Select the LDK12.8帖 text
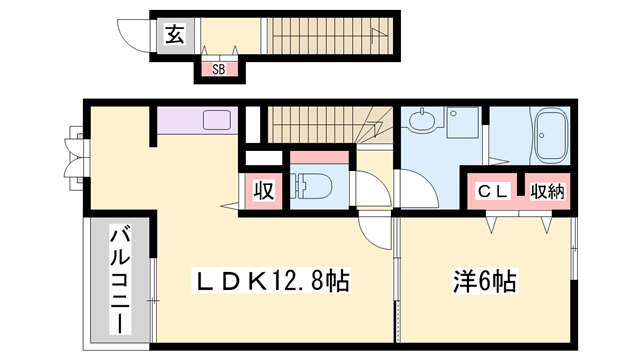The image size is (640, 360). click(269, 281)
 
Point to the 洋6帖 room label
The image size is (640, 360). click(483, 281)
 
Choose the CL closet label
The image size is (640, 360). click(493, 190)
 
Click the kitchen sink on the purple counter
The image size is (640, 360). click(218, 120)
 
